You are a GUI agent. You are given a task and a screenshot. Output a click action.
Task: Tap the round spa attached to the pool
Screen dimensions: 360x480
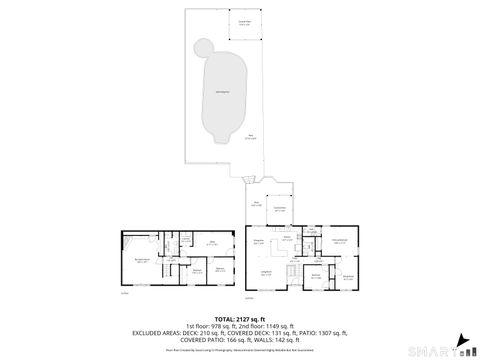click(x=204, y=46)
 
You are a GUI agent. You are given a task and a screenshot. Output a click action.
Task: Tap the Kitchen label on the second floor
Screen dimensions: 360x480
click(x=287, y=240)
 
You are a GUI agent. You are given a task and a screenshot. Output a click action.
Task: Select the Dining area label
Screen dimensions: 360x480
click(x=258, y=242)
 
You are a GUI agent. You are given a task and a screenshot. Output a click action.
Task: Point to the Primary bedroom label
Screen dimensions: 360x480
click(x=339, y=241)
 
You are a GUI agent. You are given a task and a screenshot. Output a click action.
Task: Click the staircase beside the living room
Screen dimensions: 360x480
click(x=291, y=272)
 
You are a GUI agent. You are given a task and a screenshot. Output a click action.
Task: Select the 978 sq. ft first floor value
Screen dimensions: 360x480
click(x=212, y=327)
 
